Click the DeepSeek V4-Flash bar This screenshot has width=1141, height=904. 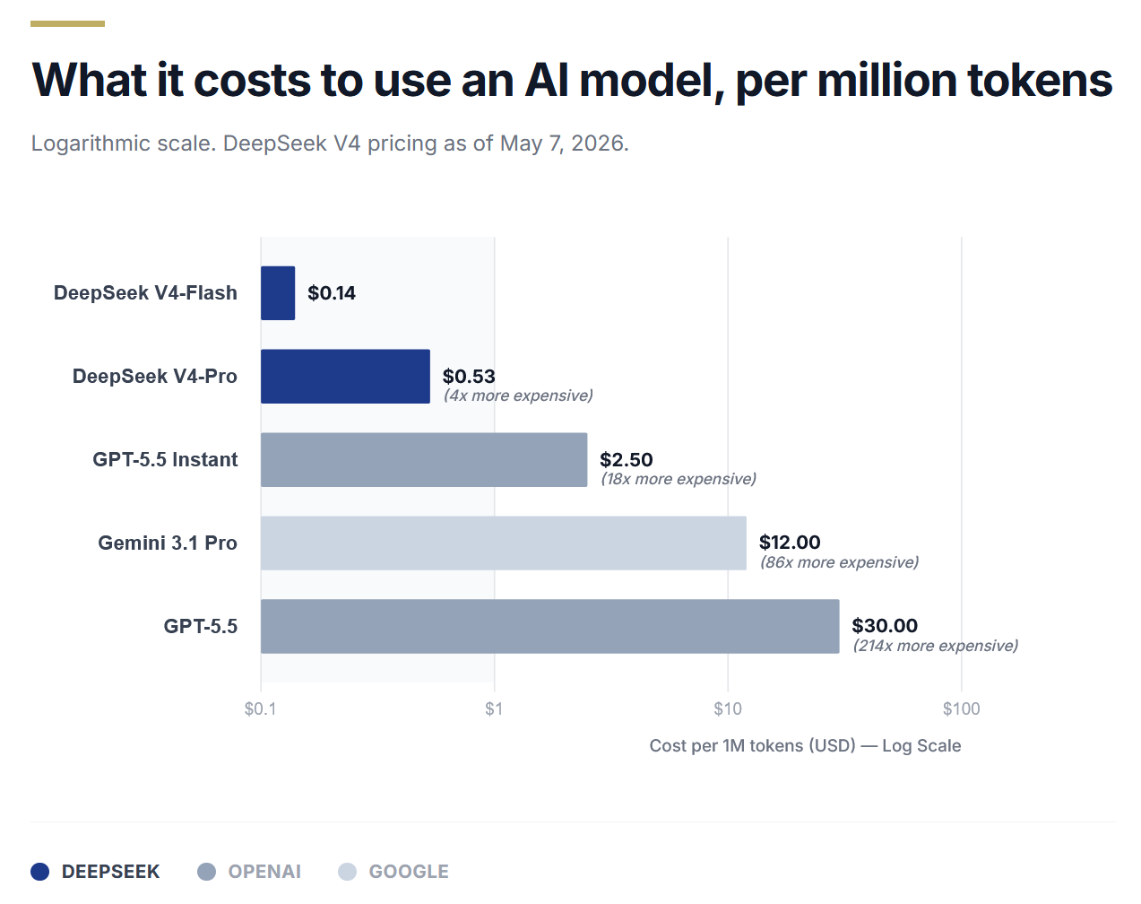(x=278, y=293)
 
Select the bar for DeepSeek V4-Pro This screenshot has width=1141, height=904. (x=345, y=376)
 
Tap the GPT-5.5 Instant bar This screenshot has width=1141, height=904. (x=424, y=459)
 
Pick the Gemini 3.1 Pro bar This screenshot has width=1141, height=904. (x=504, y=543)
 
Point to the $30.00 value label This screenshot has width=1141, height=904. (x=885, y=625)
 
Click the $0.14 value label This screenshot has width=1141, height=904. (x=332, y=293)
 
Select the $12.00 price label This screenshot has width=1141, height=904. (x=790, y=543)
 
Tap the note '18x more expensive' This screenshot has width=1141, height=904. (x=679, y=479)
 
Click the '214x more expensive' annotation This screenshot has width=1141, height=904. (x=935, y=646)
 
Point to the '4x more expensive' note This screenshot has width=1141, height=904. (x=518, y=395)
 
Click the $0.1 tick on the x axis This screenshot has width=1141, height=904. (x=260, y=708)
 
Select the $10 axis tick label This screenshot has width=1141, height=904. (x=728, y=708)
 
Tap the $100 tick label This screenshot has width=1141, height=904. (x=961, y=708)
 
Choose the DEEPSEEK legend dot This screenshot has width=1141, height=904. (x=39, y=872)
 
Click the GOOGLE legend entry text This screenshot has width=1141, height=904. (x=409, y=872)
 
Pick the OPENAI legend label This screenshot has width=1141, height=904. (x=264, y=872)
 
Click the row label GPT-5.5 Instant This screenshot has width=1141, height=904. (x=165, y=459)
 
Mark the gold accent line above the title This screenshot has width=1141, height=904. (x=67, y=23)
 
